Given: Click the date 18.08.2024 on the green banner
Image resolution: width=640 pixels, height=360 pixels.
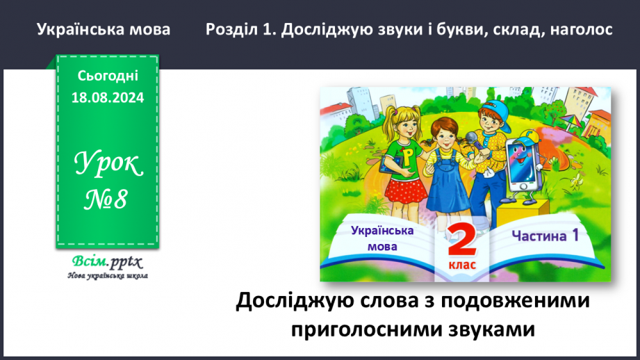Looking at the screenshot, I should click(107, 98).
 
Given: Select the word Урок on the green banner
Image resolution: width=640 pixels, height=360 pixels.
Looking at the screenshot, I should click(108, 166).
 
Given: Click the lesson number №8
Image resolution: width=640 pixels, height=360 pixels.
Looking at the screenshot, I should click(107, 200).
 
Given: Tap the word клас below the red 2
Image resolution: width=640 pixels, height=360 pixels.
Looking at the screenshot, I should click(461, 266).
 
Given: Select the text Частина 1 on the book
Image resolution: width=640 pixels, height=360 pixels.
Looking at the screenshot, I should click(545, 236).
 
